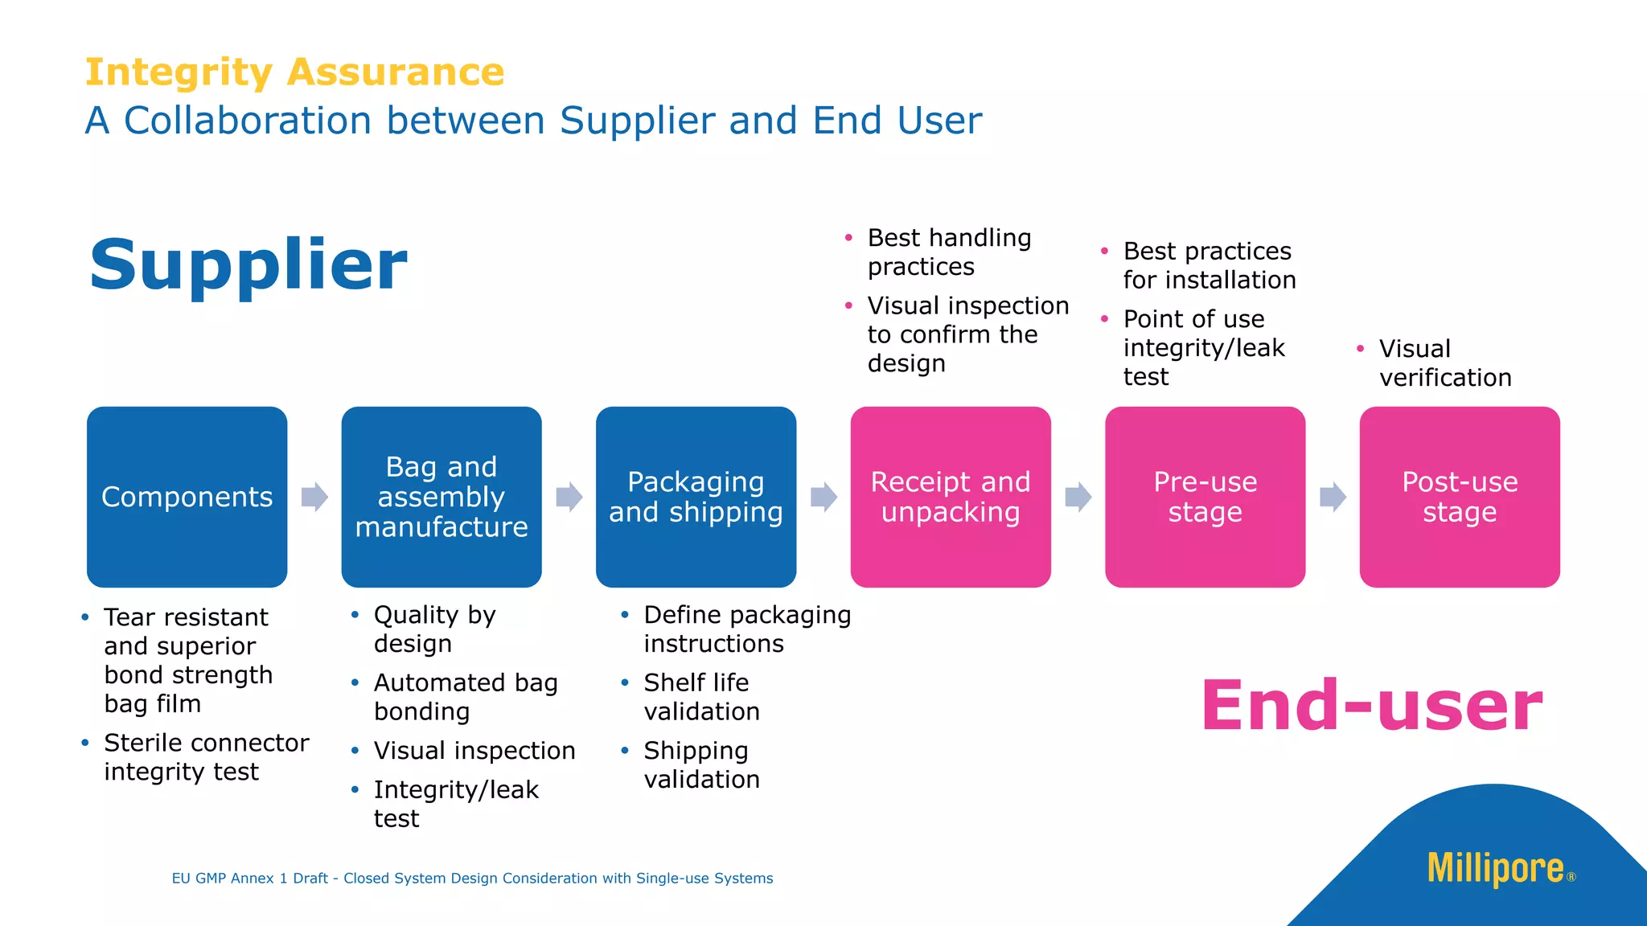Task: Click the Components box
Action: click(x=187, y=497)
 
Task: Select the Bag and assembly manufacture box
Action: click(x=441, y=497)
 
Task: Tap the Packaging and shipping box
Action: click(x=696, y=497)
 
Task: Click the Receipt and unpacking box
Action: click(x=951, y=497)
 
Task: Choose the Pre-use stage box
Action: click(x=1205, y=497)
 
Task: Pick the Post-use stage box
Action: click(x=1460, y=497)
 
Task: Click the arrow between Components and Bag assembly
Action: click(x=314, y=497)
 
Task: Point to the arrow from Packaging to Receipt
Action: click(x=823, y=497)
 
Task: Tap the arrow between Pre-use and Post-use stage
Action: click(x=1333, y=497)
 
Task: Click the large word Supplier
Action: click(x=248, y=264)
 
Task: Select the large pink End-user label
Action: click(x=1371, y=705)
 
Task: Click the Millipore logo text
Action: click(x=1496, y=869)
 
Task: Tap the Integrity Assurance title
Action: click(x=294, y=72)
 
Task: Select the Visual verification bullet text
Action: click(x=1444, y=363)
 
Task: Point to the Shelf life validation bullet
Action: click(x=700, y=697)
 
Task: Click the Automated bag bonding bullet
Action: click(x=465, y=697)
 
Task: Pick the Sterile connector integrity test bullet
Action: click(x=205, y=756)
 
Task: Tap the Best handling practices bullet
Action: click(x=948, y=252)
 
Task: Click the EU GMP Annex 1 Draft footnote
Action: click(x=472, y=879)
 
